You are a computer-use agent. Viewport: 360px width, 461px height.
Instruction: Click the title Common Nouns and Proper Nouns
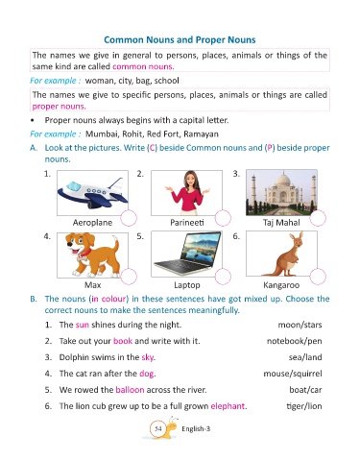click(180, 40)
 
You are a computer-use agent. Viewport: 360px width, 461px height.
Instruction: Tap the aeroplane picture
click(92, 193)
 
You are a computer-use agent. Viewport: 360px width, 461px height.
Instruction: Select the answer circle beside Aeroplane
click(129, 218)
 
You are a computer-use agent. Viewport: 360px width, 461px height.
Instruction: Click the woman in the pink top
click(188, 192)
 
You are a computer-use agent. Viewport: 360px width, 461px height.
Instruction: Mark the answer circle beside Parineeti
click(223, 218)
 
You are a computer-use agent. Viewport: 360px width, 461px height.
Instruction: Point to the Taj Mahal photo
click(281, 192)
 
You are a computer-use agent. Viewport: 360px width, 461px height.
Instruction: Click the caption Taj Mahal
click(281, 223)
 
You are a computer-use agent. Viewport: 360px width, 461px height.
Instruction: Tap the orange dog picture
click(92, 255)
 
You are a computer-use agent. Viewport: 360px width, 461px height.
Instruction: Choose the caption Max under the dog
click(93, 285)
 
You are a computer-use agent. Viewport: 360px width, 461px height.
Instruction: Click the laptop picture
click(187, 255)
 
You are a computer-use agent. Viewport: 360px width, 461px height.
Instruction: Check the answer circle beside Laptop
click(223, 277)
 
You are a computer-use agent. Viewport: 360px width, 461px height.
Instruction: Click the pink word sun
click(83, 325)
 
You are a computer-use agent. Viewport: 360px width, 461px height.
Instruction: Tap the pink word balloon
click(130, 390)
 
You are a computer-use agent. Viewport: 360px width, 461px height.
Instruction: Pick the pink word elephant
click(228, 406)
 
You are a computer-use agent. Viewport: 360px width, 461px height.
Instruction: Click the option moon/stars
click(300, 325)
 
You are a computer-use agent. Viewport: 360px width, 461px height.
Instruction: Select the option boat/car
click(305, 390)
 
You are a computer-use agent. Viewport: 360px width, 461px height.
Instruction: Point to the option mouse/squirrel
click(293, 374)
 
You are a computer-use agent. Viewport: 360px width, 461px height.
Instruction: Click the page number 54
click(158, 429)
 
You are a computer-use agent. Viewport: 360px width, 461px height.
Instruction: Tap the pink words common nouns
click(143, 67)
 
